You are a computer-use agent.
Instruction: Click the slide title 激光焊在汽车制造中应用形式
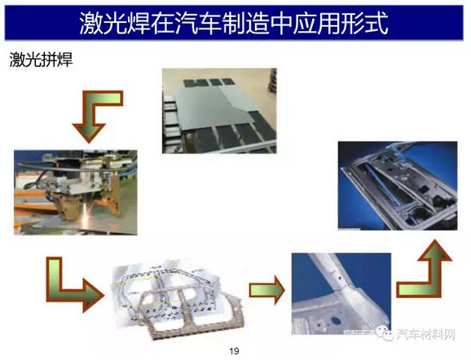(x=234, y=24)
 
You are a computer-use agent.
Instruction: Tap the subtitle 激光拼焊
(x=41, y=59)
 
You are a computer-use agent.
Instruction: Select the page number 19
(x=234, y=351)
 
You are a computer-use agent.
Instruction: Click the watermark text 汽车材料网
(x=425, y=334)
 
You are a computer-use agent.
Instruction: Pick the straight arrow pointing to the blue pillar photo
(x=267, y=290)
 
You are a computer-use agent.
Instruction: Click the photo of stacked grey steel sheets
(x=219, y=111)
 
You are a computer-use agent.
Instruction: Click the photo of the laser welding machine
(x=76, y=192)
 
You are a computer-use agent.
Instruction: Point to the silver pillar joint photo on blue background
(x=341, y=294)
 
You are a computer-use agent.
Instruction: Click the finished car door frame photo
(x=398, y=186)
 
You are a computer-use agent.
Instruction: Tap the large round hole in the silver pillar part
(x=336, y=321)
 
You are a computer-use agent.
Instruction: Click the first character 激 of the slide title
(x=91, y=24)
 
